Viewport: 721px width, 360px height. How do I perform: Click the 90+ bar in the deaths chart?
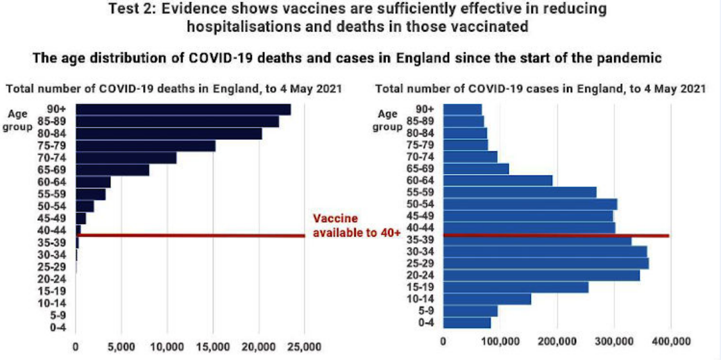point(183,110)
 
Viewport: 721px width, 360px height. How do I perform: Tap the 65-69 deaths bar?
point(112,169)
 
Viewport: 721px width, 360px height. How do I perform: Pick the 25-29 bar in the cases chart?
point(545,263)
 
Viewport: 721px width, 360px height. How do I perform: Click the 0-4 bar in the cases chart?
point(466,322)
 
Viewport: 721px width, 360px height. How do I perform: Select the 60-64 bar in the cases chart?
point(497,180)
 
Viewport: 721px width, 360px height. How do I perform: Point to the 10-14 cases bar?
point(487,299)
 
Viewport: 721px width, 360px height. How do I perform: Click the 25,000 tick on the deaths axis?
point(305,347)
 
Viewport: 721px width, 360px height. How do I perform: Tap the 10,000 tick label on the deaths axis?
point(167,347)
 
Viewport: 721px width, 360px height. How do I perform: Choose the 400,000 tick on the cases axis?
point(672,341)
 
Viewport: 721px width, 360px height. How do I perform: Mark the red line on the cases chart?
point(556,236)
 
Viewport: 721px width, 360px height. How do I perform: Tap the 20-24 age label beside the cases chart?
point(421,274)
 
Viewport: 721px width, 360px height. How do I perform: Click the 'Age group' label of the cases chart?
point(387,120)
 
